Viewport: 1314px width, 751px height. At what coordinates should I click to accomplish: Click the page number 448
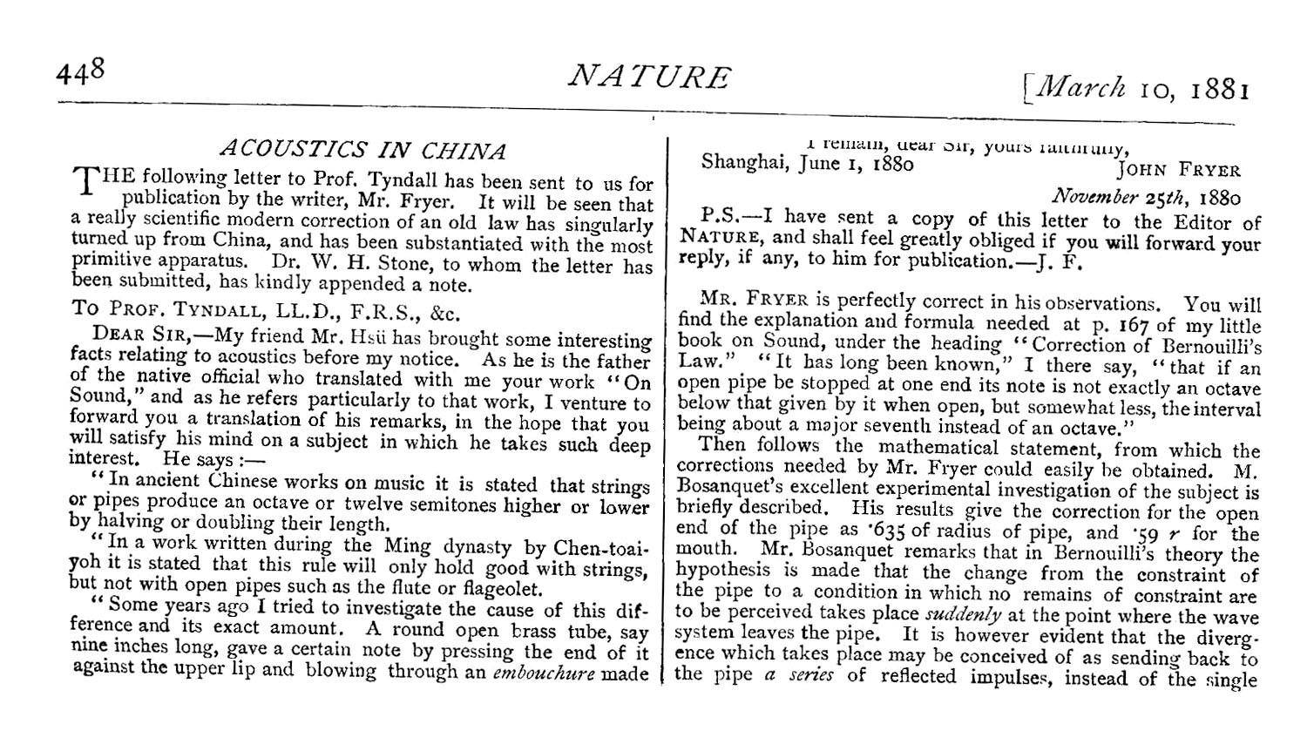[x=80, y=72]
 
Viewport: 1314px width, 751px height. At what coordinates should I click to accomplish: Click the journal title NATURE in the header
[x=649, y=78]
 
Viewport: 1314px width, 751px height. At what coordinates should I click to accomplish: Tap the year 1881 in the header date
[x=1219, y=90]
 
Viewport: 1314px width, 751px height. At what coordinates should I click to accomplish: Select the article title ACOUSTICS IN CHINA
[x=362, y=150]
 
